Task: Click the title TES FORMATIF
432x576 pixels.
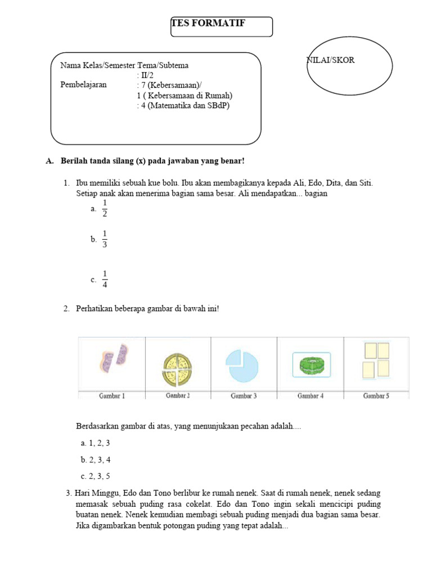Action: point(208,23)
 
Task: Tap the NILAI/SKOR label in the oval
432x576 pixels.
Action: point(331,60)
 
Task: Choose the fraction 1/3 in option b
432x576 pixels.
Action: point(105,239)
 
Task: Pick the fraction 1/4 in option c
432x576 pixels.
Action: point(105,279)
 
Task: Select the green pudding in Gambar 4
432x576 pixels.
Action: point(311,364)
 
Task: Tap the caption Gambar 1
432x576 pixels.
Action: point(112,395)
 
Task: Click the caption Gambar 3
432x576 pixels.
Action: point(244,395)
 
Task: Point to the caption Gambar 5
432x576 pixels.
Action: point(376,395)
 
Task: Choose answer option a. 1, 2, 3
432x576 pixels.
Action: point(95,443)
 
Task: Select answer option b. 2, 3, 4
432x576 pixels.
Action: point(95,460)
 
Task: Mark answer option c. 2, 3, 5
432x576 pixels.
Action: point(95,476)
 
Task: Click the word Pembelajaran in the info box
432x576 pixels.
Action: point(83,85)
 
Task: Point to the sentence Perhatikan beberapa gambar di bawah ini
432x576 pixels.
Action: point(147,309)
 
